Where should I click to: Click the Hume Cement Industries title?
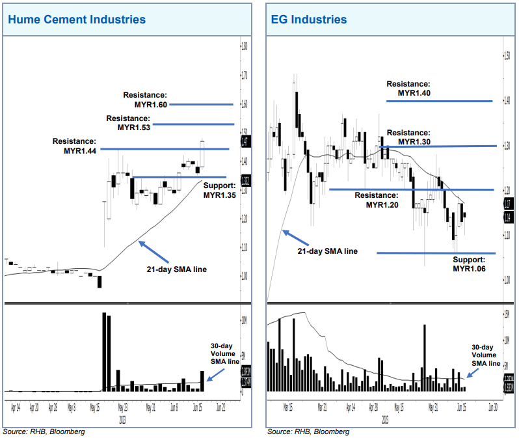[x=77, y=20]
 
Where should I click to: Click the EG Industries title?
[x=309, y=20]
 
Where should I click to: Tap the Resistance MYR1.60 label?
[x=146, y=100]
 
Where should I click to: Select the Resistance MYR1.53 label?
[x=128, y=123]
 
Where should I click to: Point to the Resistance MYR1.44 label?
[x=74, y=146]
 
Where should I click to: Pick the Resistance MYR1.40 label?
[x=408, y=89]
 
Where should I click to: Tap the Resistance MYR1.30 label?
[x=408, y=137]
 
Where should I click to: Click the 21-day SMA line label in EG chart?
[x=327, y=251]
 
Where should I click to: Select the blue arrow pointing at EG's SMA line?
[x=294, y=237]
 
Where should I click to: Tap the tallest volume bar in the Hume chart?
[x=104, y=351]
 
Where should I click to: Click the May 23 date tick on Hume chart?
[x=122, y=409]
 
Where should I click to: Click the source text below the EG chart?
[x=308, y=431]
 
